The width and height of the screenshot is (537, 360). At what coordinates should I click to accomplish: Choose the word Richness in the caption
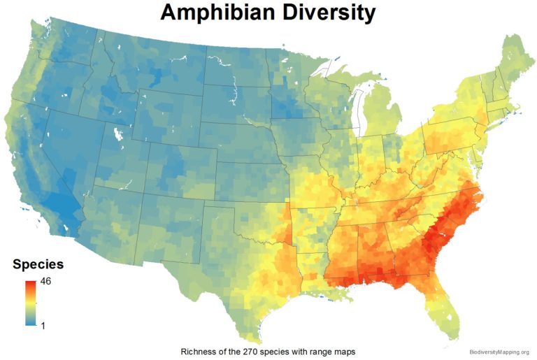(198, 350)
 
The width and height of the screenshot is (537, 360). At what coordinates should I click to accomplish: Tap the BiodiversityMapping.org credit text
(499, 352)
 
